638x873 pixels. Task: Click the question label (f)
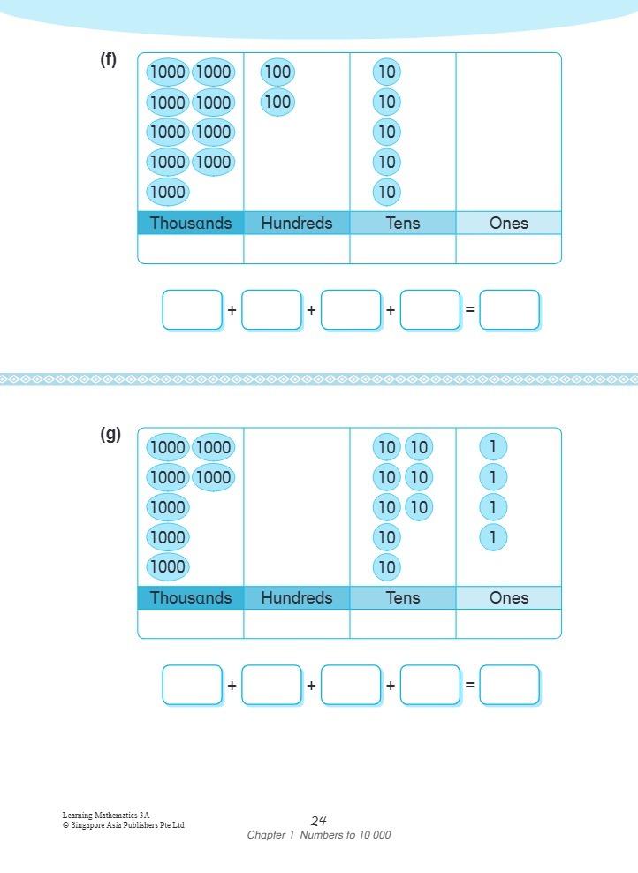(x=108, y=60)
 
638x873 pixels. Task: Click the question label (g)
(x=110, y=435)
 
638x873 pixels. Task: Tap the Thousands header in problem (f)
(x=191, y=224)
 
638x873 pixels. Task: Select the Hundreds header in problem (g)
(x=297, y=598)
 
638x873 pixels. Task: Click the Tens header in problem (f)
(x=403, y=224)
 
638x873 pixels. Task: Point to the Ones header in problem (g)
(x=509, y=598)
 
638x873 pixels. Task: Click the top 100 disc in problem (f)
(x=277, y=72)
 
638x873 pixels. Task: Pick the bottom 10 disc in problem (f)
(x=386, y=192)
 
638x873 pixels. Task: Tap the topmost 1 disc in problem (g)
(x=493, y=447)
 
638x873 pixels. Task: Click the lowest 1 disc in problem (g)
(x=493, y=536)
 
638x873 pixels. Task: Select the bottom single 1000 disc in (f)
(x=167, y=192)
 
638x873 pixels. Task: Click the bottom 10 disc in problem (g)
(x=386, y=566)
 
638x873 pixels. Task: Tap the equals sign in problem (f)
(x=470, y=310)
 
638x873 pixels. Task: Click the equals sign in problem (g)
(x=470, y=685)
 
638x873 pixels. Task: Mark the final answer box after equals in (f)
(x=510, y=310)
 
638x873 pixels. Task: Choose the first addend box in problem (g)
(x=192, y=685)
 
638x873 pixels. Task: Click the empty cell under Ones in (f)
(x=509, y=249)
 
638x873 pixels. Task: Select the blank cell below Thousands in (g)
(x=191, y=624)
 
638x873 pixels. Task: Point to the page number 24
(x=319, y=821)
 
